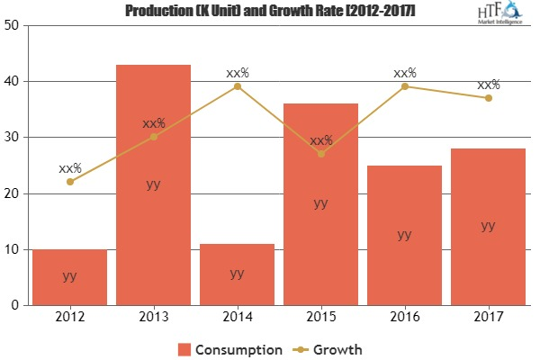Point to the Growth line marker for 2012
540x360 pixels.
(70, 182)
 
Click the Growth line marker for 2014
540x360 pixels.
(238, 86)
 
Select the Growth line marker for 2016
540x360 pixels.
(405, 86)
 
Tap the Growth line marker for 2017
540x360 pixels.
(488, 98)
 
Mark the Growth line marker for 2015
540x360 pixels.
(321, 154)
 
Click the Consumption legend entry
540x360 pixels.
(230, 348)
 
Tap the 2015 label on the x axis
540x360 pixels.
(321, 317)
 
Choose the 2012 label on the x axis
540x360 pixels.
(70, 317)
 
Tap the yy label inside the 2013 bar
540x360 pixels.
(154, 184)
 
